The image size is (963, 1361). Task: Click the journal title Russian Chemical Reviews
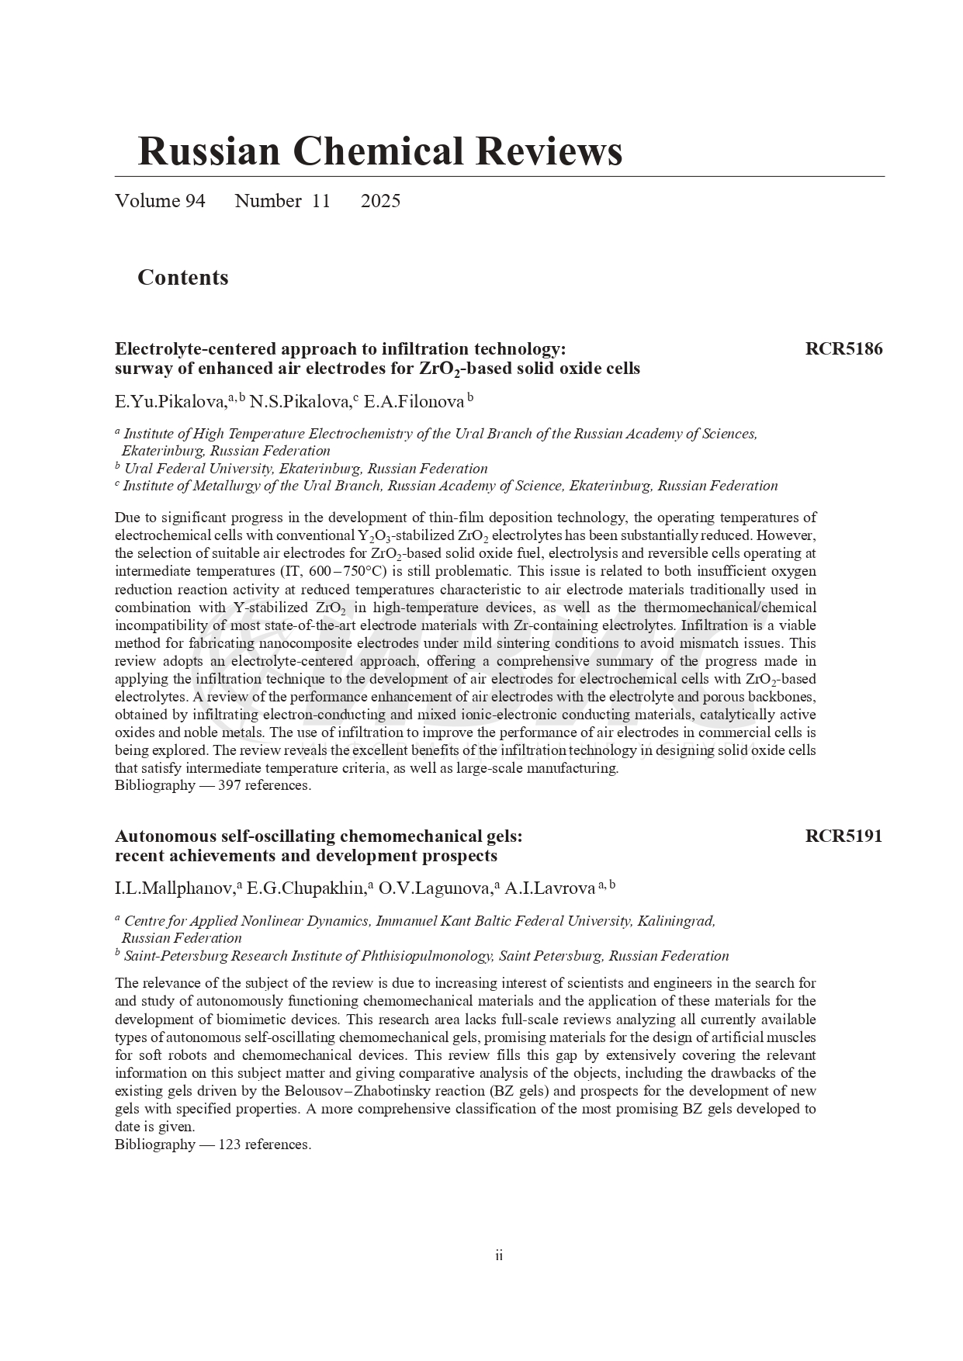click(x=379, y=151)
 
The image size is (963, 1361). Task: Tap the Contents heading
click(x=182, y=278)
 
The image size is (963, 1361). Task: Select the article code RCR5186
click(x=843, y=349)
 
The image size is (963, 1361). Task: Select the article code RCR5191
click(x=843, y=836)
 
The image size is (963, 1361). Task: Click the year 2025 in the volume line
click(x=380, y=201)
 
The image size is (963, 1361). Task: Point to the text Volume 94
click(x=160, y=201)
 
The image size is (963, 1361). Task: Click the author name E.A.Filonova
click(x=414, y=402)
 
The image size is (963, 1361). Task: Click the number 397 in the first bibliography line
click(x=230, y=785)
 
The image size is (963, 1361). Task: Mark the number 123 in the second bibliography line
click(x=230, y=1145)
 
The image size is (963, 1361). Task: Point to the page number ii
click(x=499, y=1255)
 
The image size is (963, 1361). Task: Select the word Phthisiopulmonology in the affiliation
click(x=424, y=956)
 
